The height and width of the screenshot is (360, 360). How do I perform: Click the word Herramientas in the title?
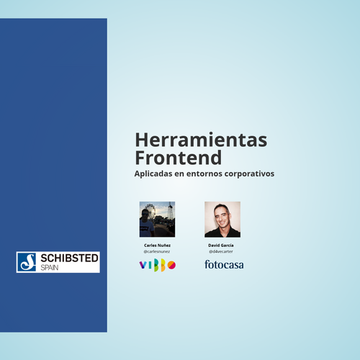[x=201, y=140]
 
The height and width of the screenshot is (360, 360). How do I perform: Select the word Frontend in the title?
[x=179, y=158]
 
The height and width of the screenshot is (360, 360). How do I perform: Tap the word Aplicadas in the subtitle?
[x=153, y=174]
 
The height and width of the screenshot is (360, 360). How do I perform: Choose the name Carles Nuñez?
[x=157, y=246]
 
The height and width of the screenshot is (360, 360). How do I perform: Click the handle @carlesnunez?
[x=157, y=251]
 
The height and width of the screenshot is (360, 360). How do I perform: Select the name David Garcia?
[x=221, y=246]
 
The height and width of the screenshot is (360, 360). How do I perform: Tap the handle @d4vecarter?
[x=221, y=251]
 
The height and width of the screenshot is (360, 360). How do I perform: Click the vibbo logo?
[x=158, y=265]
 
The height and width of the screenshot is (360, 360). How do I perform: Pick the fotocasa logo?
[x=224, y=264]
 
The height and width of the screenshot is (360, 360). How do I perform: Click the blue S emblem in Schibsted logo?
[x=27, y=262]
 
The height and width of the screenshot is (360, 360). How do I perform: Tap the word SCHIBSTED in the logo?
[x=69, y=258]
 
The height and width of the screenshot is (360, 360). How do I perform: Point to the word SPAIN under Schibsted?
[x=50, y=268]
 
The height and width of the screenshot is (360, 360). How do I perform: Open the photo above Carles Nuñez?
[x=157, y=220]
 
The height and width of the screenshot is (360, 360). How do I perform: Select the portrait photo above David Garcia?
[x=222, y=220]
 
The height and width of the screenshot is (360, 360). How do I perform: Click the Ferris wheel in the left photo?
[x=150, y=211]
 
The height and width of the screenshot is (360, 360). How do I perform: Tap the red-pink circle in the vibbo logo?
[x=171, y=265]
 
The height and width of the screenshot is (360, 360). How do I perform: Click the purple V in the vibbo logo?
[x=143, y=265]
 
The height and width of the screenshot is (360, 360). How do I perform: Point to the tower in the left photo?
[x=171, y=210]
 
